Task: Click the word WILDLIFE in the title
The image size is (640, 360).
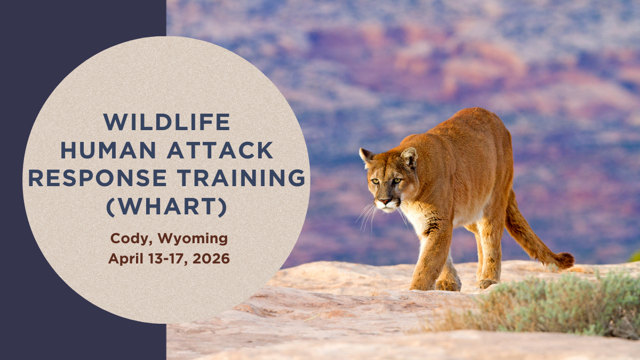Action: [167, 122]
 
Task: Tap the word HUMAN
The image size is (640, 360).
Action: [108, 150]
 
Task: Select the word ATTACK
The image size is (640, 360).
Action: [220, 150]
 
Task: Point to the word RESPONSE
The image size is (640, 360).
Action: [98, 178]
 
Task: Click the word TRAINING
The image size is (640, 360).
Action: [241, 178]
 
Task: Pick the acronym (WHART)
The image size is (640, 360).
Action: [167, 206]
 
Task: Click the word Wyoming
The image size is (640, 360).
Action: [193, 239]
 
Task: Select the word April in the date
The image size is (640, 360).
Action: [126, 259]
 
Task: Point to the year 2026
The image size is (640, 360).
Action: [211, 259]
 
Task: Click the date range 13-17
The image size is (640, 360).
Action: [167, 259]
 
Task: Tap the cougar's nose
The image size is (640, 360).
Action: [385, 201]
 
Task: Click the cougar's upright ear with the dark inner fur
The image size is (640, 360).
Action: [410, 157]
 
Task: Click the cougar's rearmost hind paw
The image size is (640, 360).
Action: [486, 283]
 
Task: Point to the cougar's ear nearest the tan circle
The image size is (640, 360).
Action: [366, 157]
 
